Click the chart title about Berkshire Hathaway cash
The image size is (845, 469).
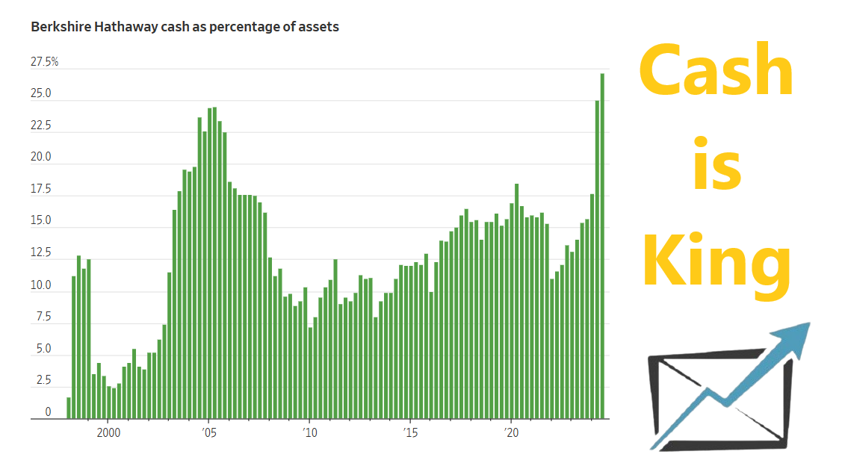coord(185,27)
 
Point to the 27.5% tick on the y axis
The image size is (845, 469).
coord(44,62)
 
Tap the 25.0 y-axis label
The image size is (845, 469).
coord(41,94)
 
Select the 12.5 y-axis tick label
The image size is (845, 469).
coord(41,254)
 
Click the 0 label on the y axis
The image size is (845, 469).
coord(48,412)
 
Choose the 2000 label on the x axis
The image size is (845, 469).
coord(108,432)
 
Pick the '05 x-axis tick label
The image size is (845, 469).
coord(208,432)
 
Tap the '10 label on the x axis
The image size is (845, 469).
coord(309,432)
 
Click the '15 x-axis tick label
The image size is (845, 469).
coord(409,432)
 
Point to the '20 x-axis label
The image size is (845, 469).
coord(510,432)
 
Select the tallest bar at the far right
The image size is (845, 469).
coord(602,246)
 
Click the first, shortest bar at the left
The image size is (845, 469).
coord(69,408)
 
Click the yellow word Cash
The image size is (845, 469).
coord(716,71)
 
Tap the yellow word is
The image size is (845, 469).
coord(716,164)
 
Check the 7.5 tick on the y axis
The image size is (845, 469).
coord(43,317)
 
